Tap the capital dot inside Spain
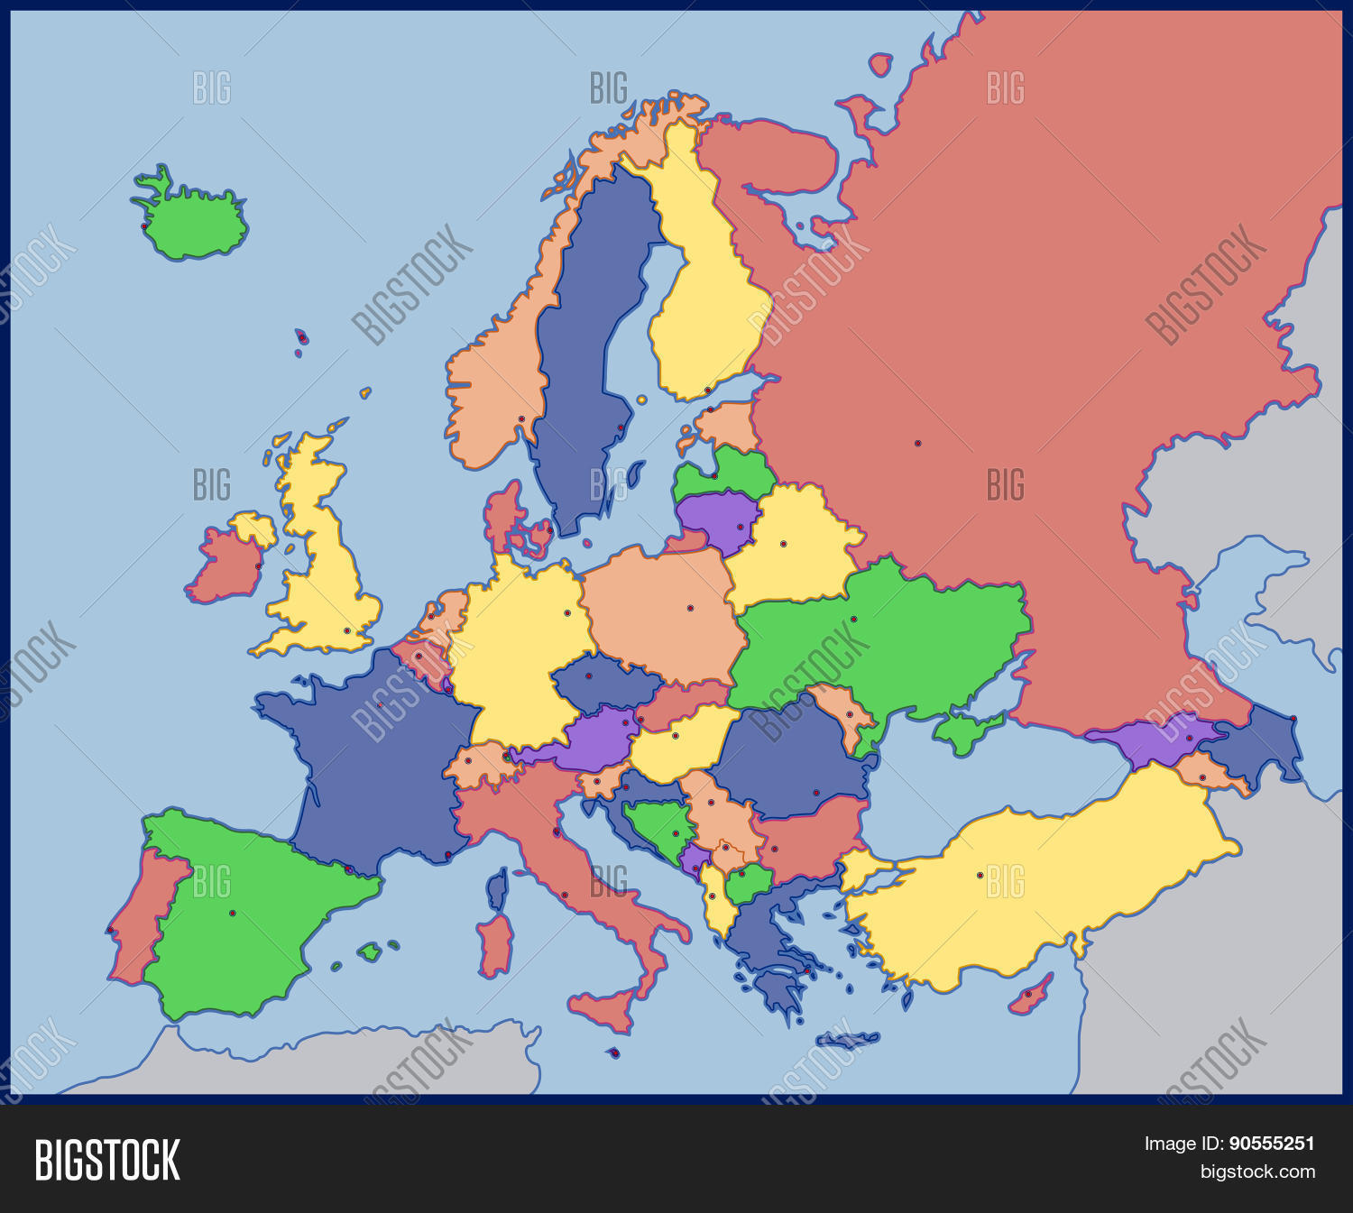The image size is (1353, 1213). [232, 914]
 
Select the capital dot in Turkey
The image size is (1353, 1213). [980, 875]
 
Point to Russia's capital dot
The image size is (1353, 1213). [917, 444]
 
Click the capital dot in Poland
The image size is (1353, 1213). [690, 608]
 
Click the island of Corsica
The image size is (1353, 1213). [497, 888]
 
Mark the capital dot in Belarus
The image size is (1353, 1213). [783, 544]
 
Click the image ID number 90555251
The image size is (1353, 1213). [1271, 1144]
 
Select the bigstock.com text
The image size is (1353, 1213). [1257, 1172]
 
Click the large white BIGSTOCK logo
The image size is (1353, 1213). [107, 1160]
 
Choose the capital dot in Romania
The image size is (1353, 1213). [816, 794]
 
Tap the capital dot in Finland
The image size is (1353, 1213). [707, 391]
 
